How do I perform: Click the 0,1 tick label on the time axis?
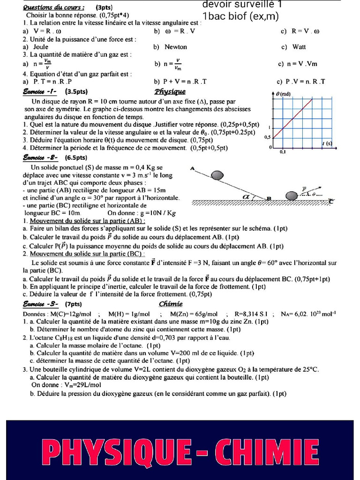[x=283, y=152]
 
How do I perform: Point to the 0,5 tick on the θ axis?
[x=267, y=137]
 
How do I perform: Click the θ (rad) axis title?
[x=283, y=94]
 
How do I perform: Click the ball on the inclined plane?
[x=217, y=175]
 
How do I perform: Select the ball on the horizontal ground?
[x=292, y=195]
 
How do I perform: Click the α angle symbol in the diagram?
[x=247, y=197]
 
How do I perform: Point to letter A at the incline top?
[x=193, y=168]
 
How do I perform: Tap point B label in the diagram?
[x=269, y=199]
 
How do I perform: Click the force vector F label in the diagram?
[x=304, y=189]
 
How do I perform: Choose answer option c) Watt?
[x=293, y=47]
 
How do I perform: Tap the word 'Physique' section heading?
[x=170, y=91]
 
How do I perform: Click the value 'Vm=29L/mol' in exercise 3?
[x=66, y=385]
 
